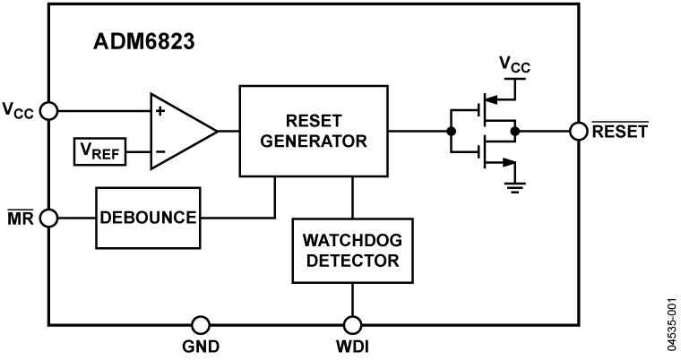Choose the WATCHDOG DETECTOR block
[351, 251]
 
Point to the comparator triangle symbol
[179, 131]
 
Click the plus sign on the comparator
[161, 113]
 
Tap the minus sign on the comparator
[161, 153]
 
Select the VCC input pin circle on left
[49, 111]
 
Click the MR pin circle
[49, 218]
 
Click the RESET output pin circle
[580, 131]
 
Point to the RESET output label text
[620, 132]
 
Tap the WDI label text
[352, 347]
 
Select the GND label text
[201, 347]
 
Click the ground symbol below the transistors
[514, 186]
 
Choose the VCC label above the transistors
[514, 64]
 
